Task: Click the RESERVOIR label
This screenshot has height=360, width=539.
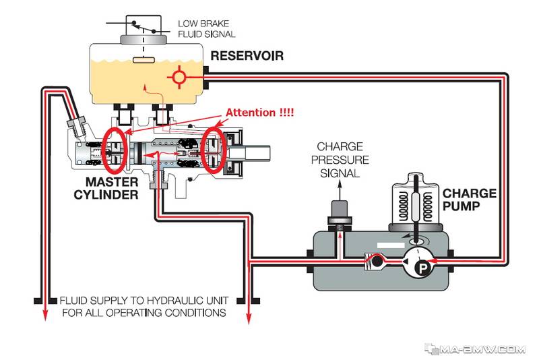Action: click(247, 56)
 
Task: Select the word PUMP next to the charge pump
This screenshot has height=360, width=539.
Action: click(461, 206)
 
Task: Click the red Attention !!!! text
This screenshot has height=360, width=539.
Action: click(259, 113)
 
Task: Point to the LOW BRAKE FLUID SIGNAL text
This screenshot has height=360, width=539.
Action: click(207, 29)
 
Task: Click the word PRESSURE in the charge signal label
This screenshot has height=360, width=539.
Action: click(340, 160)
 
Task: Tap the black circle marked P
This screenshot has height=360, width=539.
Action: click(422, 267)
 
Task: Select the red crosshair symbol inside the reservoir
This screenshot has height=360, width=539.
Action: click(179, 76)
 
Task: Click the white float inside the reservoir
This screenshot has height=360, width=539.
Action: click(144, 60)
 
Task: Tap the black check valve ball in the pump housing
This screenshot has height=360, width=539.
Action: click(377, 262)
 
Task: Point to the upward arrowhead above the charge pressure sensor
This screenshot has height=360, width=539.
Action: click(340, 185)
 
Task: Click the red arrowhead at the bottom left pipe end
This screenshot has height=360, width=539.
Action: click(44, 316)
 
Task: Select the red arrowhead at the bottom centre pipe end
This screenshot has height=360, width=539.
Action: click(249, 319)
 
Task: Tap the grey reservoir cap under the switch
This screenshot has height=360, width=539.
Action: click(144, 39)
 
